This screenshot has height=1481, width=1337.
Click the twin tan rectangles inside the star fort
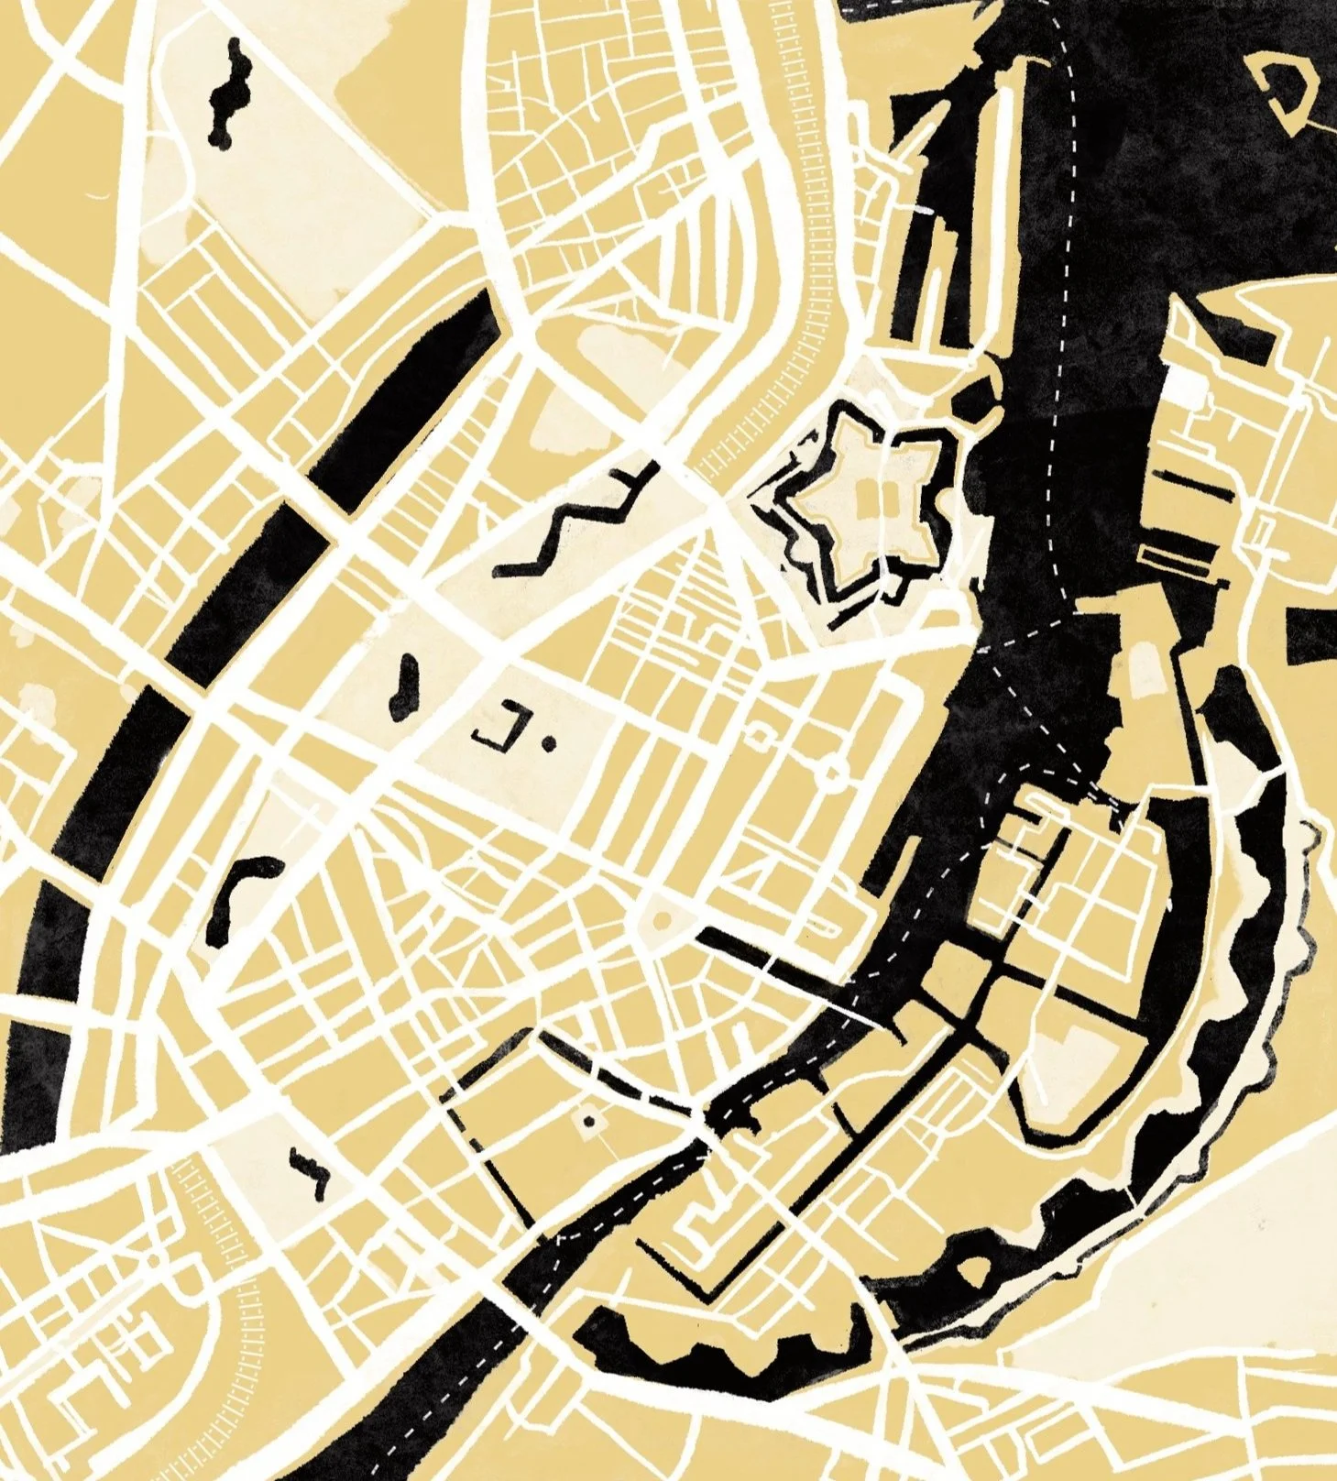click(x=868, y=500)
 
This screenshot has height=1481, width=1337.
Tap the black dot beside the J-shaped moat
click(x=549, y=744)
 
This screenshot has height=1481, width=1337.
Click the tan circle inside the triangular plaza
click(x=661, y=917)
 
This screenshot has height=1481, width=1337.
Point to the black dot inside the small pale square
click(x=588, y=1121)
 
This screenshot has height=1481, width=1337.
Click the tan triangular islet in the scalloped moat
click(x=972, y=1270)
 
